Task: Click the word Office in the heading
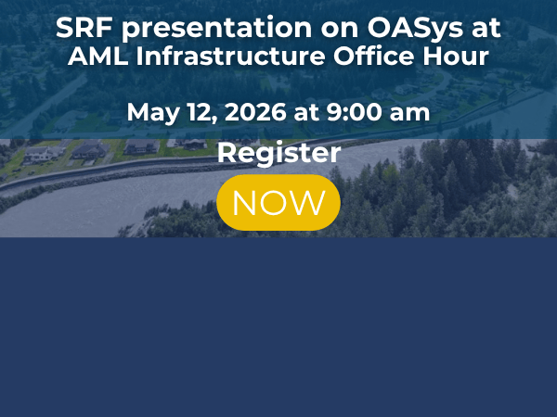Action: coord(378,56)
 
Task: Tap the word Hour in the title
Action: coord(458,56)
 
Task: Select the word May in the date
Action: coord(151,113)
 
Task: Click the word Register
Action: coord(278,153)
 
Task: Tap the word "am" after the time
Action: coord(408,114)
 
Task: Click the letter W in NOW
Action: coord(310,202)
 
